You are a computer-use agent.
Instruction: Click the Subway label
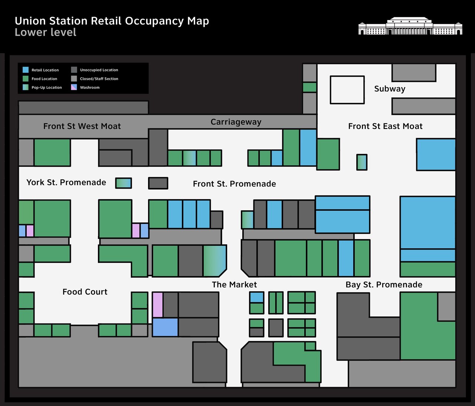click(x=390, y=89)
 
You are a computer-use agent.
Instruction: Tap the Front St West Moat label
click(x=82, y=126)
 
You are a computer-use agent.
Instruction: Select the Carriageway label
click(x=236, y=122)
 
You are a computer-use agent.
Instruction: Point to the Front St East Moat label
click(x=385, y=126)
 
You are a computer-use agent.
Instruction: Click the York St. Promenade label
click(x=66, y=182)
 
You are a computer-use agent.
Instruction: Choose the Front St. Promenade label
click(x=235, y=183)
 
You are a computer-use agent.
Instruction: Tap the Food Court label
click(x=85, y=292)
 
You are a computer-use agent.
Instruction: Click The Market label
click(x=234, y=285)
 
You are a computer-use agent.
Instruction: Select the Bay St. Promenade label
click(x=384, y=285)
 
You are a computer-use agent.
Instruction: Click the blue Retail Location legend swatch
click(x=26, y=70)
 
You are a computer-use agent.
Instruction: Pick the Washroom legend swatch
click(x=74, y=87)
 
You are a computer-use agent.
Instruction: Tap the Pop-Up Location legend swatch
click(x=26, y=87)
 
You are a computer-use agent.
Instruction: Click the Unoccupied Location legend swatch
click(x=74, y=70)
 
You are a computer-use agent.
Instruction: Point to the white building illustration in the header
click(x=410, y=26)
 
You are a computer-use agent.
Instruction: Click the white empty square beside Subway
click(x=347, y=90)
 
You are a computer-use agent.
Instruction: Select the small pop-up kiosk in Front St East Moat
click(x=362, y=162)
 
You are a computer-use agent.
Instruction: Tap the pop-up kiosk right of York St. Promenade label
click(x=124, y=183)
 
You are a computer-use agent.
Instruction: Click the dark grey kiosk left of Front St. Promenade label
click(x=158, y=183)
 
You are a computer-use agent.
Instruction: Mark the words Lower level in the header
click(x=46, y=32)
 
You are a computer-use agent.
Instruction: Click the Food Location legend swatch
click(x=26, y=78)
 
